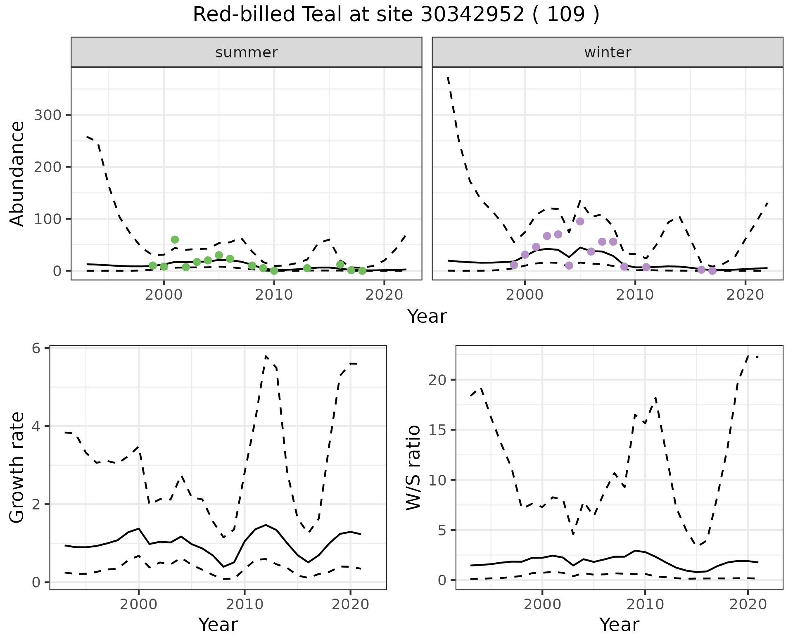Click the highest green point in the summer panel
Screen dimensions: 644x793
click(175, 239)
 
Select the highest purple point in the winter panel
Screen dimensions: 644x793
click(580, 221)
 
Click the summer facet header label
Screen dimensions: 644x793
click(247, 52)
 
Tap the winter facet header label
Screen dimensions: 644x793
click(608, 52)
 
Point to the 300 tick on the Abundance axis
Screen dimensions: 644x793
click(47, 115)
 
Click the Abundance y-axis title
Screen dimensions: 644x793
click(17, 173)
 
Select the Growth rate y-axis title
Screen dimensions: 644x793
click(17, 468)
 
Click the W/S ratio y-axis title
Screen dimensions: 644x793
click(413, 468)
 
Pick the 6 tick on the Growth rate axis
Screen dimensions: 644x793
click(36, 348)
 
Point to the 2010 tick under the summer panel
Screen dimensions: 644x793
click(274, 295)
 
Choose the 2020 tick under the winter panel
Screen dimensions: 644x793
click(746, 295)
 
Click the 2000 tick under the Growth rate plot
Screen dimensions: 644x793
click(139, 605)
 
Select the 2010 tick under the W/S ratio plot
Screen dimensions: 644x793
click(645, 605)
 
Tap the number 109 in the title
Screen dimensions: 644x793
click(566, 15)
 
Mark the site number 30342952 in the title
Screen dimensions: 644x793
click(472, 15)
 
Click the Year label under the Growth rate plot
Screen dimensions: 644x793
click(218, 625)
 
